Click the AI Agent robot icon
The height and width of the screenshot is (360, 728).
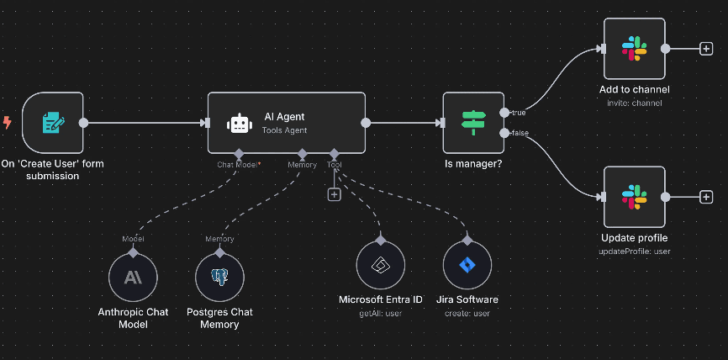pyautogui.click(x=240, y=124)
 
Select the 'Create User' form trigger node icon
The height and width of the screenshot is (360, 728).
pyautogui.click(x=53, y=123)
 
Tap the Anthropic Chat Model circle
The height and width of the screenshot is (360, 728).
pyautogui.click(x=133, y=278)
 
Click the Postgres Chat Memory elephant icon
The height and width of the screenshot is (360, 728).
pyautogui.click(x=219, y=278)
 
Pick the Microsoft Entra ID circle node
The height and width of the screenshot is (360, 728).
pyautogui.click(x=381, y=265)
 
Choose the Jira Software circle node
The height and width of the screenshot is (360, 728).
pyautogui.click(x=467, y=265)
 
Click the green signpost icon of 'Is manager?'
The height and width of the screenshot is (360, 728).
pyautogui.click(x=473, y=123)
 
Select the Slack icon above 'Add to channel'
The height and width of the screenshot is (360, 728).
pyautogui.click(x=634, y=49)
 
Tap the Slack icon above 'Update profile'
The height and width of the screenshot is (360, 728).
pyautogui.click(x=634, y=197)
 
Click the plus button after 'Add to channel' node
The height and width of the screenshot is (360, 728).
pyautogui.click(x=706, y=49)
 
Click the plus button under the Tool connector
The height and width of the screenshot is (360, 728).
pyautogui.click(x=335, y=194)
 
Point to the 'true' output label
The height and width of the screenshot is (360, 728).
pyautogui.click(x=518, y=113)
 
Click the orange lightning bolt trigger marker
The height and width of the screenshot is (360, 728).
pyautogui.click(x=8, y=123)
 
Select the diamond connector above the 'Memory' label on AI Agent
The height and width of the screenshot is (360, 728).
pyautogui.click(x=303, y=153)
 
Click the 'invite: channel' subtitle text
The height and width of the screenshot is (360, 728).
pyautogui.click(x=634, y=103)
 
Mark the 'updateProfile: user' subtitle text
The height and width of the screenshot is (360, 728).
pyautogui.click(x=634, y=251)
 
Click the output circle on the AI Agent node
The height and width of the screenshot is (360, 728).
pyautogui.click(x=366, y=123)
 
